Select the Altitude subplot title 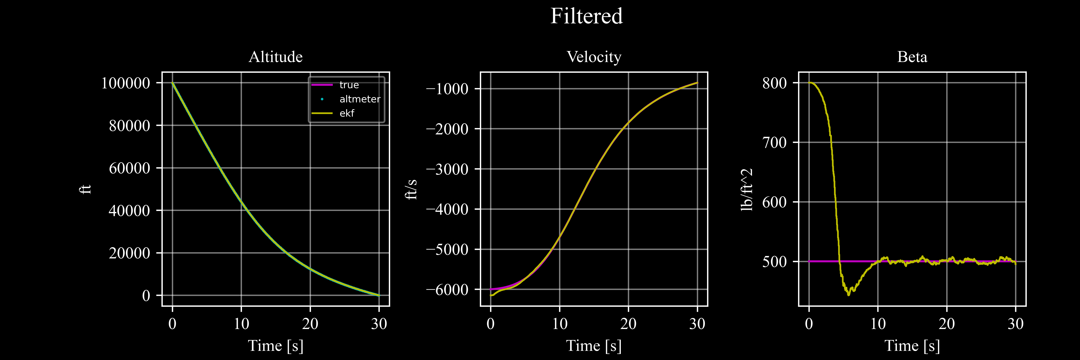[x=275, y=57]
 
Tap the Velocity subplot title [x=594, y=57]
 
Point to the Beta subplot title [x=912, y=57]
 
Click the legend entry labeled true [x=349, y=85]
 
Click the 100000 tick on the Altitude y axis [x=125, y=83]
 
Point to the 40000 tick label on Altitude [x=129, y=210]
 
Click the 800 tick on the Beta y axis [x=774, y=83]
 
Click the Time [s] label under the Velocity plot [x=594, y=346]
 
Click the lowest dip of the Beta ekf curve [x=849, y=295]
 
